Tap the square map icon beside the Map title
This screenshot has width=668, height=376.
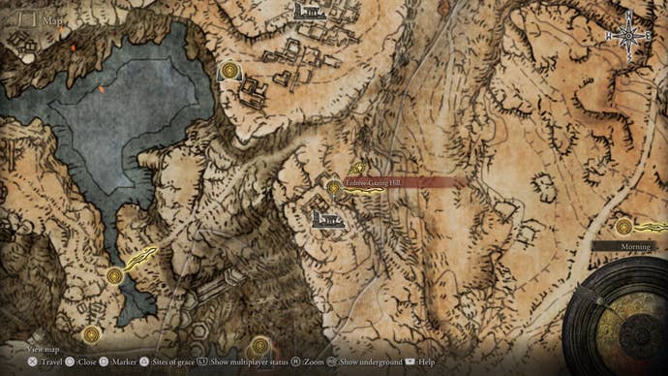pos(28,18)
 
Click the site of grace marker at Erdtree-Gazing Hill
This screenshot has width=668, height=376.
pos(334,187)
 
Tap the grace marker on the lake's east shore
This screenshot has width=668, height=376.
pos(229,70)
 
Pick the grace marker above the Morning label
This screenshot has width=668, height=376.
pos(623,227)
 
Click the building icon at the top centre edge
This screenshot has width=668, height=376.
pos(308,11)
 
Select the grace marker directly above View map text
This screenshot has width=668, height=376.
pos(91,334)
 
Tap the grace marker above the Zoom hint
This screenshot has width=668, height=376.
pos(258,344)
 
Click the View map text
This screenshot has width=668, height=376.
pos(45,347)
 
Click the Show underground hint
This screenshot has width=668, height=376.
pos(368,361)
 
